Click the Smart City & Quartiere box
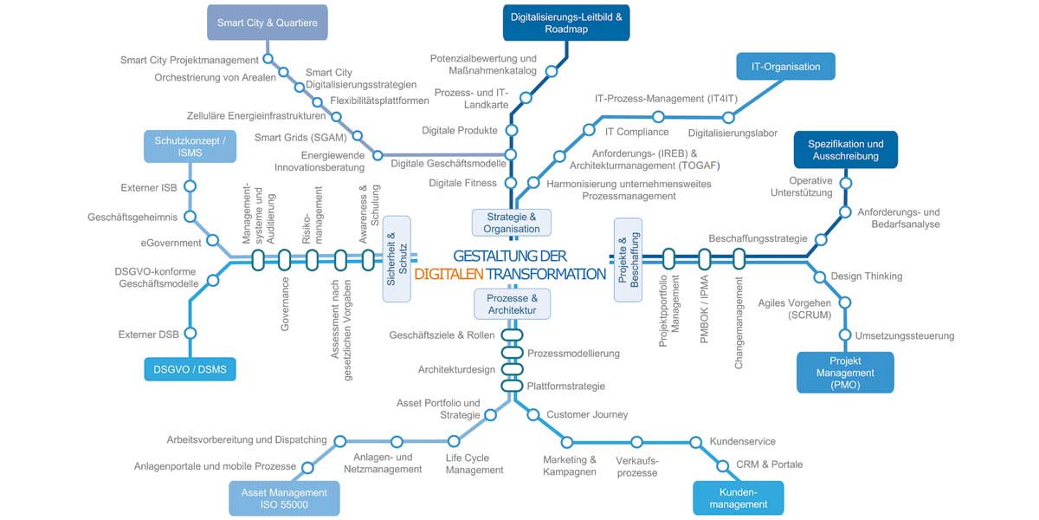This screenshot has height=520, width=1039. tap(268, 23)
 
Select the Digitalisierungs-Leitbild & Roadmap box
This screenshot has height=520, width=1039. tap(566, 23)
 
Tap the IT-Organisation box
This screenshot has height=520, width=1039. tap(786, 67)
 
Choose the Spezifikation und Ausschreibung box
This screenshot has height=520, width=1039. tap(846, 149)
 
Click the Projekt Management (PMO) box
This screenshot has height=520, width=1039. tap(845, 373)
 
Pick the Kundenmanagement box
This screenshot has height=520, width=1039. tap(739, 498)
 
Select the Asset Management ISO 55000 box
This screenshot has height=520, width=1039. tap(284, 498)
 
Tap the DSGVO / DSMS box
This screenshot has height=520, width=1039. tap(190, 369)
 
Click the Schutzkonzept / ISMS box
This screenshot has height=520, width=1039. tap(190, 146)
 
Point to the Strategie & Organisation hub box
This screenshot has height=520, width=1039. tap(512, 223)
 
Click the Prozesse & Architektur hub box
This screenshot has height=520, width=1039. tap(512, 304)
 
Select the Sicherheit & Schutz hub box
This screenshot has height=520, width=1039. tap(397, 258)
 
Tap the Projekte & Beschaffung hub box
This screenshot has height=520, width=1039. tap(628, 259)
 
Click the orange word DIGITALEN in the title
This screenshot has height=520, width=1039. tap(449, 274)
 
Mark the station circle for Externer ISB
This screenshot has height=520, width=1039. tap(190, 186)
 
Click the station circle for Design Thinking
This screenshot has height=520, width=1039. tap(820, 277)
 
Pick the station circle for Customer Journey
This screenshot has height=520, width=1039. tap(533, 414)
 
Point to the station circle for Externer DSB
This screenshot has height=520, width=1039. tap(190, 334)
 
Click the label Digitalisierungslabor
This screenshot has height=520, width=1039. tap(732, 133)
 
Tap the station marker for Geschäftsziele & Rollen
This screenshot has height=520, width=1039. tap(512, 335)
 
